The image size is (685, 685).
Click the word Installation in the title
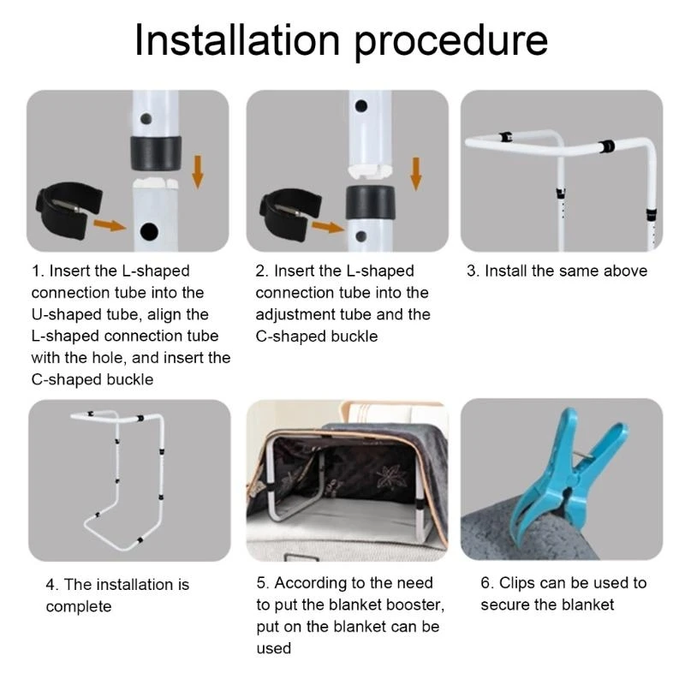(x=238, y=40)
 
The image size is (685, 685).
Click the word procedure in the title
(x=451, y=43)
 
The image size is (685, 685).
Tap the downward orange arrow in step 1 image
(x=198, y=172)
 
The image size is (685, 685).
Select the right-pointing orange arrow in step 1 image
(x=110, y=225)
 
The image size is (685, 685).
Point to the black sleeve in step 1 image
(x=156, y=153)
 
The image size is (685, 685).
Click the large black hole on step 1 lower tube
(x=149, y=231)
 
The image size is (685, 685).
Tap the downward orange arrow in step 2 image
(x=416, y=174)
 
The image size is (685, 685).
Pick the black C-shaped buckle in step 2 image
(x=290, y=215)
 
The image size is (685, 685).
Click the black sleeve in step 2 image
(x=371, y=202)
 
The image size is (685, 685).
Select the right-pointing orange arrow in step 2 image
(x=328, y=227)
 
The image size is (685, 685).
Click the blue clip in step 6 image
(x=567, y=472)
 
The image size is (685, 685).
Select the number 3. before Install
(x=474, y=271)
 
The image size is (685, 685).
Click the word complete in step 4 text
(x=79, y=607)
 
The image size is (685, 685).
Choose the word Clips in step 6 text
(x=517, y=584)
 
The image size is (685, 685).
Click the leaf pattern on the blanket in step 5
(x=392, y=477)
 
